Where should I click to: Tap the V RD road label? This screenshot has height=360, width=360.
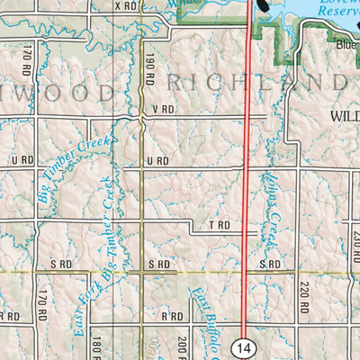click(x=162, y=110)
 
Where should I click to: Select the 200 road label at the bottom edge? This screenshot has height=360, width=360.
click(x=183, y=346)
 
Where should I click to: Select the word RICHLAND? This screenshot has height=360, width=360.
click(x=256, y=85)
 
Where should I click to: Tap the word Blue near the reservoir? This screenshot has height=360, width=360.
click(x=346, y=44)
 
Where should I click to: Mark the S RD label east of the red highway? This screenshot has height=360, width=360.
click(x=270, y=264)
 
